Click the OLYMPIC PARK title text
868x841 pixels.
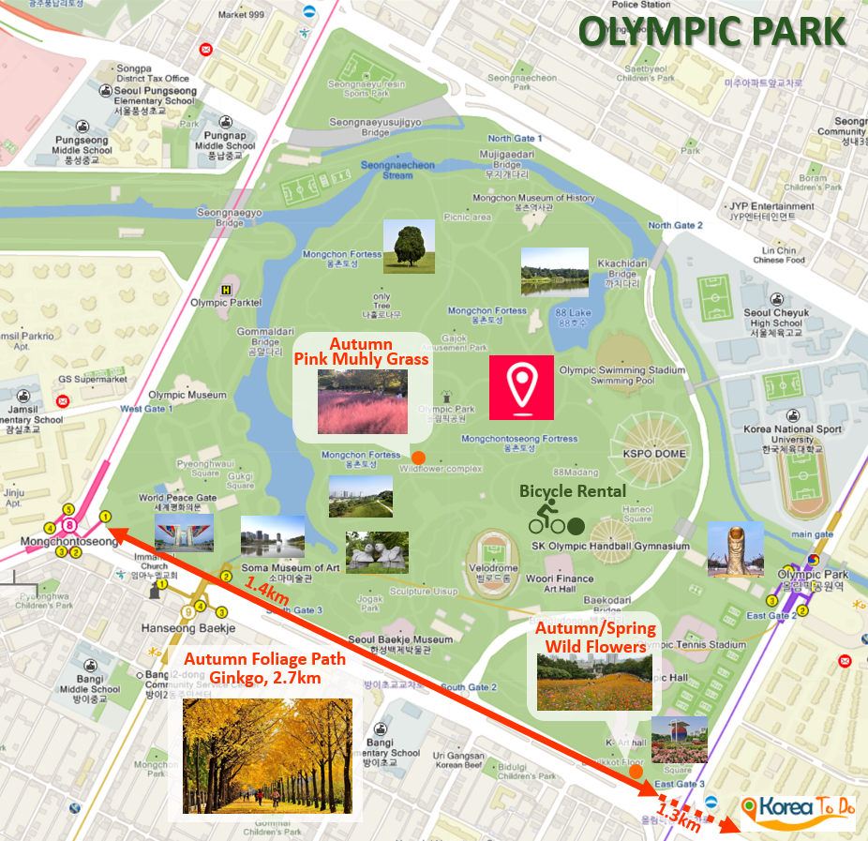click(712, 30)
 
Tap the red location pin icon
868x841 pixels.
click(521, 387)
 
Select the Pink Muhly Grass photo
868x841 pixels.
click(363, 401)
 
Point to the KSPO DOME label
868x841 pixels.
click(661, 454)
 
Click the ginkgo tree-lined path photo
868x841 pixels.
click(267, 756)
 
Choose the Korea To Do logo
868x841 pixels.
click(798, 807)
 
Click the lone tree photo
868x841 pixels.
click(409, 247)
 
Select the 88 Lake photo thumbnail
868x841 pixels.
click(555, 272)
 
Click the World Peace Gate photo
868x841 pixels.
click(184, 533)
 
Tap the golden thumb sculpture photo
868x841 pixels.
click(736, 548)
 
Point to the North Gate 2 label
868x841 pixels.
click(676, 225)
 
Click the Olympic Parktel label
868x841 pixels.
click(226, 302)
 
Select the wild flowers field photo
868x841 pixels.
click(594, 682)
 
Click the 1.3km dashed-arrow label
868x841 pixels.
click(678, 817)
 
